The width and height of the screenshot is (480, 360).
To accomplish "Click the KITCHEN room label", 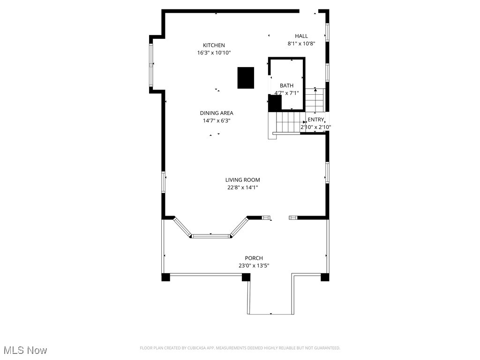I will pyautogui.click(x=214, y=45).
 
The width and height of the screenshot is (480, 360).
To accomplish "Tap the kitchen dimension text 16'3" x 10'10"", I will pyautogui.click(x=214, y=53).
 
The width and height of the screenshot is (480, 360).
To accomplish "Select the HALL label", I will pyautogui.click(x=301, y=36).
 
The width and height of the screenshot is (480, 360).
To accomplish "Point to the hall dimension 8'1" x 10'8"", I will pyautogui.click(x=301, y=44).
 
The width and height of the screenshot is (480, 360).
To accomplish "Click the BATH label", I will pyautogui.click(x=286, y=85).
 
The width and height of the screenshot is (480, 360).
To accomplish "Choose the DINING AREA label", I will pyautogui.click(x=216, y=113).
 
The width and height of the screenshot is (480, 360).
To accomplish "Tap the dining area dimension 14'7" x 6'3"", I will pyautogui.click(x=216, y=120).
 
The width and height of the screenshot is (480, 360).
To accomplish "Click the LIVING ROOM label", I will pyautogui.click(x=242, y=180).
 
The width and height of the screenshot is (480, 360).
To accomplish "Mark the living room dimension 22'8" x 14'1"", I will pyautogui.click(x=242, y=187).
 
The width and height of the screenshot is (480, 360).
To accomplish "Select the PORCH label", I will pyautogui.click(x=254, y=258).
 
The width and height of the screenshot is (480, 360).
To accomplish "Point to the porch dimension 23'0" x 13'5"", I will pyautogui.click(x=254, y=266).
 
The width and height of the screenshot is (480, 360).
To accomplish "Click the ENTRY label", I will pyautogui.click(x=315, y=120).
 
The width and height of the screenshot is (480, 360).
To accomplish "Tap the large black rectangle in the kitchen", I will pyautogui.click(x=246, y=78).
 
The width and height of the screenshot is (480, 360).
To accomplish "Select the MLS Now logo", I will pyautogui.click(x=25, y=350).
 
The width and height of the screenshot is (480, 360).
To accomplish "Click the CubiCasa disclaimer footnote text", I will pyautogui.click(x=240, y=348).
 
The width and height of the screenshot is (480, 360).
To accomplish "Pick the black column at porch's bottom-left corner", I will pyautogui.click(x=165, y=277).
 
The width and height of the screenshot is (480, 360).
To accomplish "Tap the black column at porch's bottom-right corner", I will pyautogui.click(x=325, y=277).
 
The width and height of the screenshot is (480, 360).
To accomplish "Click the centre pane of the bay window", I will pyautogui.click(x=211, y=236).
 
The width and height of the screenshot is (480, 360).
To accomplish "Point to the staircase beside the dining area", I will pyautogui.click(x=286, y=123).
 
